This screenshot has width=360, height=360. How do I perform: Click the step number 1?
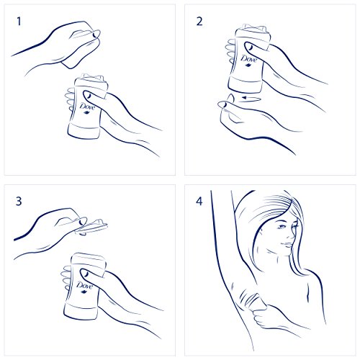pyautogui.click(x=19, y=22)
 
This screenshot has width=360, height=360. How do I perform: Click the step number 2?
pyautogui.click(x=199, y=22)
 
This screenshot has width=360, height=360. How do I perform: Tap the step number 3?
pyautogui.click(x=19, y=201)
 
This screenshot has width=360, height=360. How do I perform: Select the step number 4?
pyautogui.click(x=199, y=201)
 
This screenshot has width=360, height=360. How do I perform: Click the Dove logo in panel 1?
pyautogui.click(x=87, y=107)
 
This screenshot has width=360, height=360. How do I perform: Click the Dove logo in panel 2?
pyautogui.click(x=248, y=60)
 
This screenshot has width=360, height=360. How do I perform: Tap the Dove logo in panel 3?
pyautogui.click(x=84, y=287)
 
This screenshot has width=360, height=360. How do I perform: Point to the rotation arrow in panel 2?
pyautogui.click(x=250, y=98)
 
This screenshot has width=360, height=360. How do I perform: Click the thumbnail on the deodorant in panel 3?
pyautogui.click(x=84, y=273)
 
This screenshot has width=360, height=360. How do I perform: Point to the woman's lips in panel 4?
pyautogui.click(x=287, y=245)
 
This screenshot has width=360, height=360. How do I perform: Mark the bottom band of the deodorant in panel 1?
pyautogui.click(x=84, y=131)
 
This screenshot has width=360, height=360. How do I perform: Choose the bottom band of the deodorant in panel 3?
pyautogui.click(x=81, y=311)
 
